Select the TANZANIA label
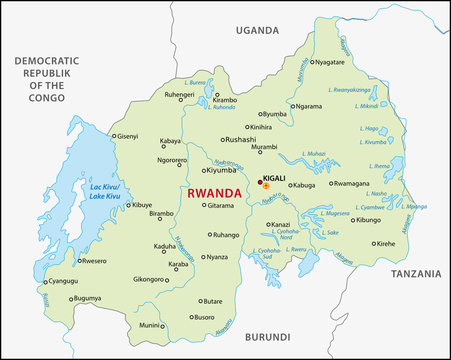(x=416, y=273)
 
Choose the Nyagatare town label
(x=337, y=62)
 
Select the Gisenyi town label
(x=128, y=136)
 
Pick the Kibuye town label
(x=142, y=205)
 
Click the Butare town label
(x=212, y=301)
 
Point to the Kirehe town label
(x=384, y=243)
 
